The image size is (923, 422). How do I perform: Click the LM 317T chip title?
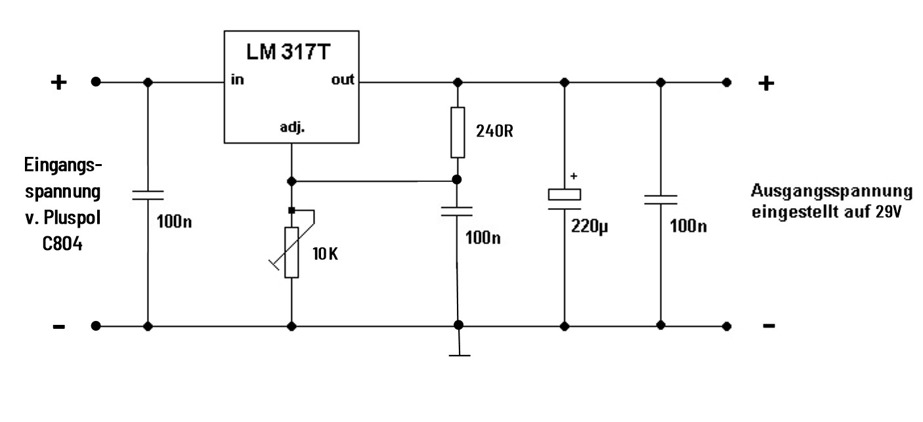[291, 52]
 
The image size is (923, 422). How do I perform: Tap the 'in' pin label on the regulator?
[237, 80]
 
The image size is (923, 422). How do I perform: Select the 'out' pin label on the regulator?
[342, 80]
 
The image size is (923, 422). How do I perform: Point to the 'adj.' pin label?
[291, 129]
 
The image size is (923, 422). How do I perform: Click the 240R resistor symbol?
[458, 132]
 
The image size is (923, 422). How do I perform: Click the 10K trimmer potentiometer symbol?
[291, 252]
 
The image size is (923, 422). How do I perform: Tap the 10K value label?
[326, 255]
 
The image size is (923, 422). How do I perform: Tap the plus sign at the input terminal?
[59, 83]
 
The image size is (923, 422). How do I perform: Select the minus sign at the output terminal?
[769, 326]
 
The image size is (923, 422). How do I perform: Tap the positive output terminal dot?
[726, 82]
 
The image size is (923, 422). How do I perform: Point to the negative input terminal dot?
[96, 326]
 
